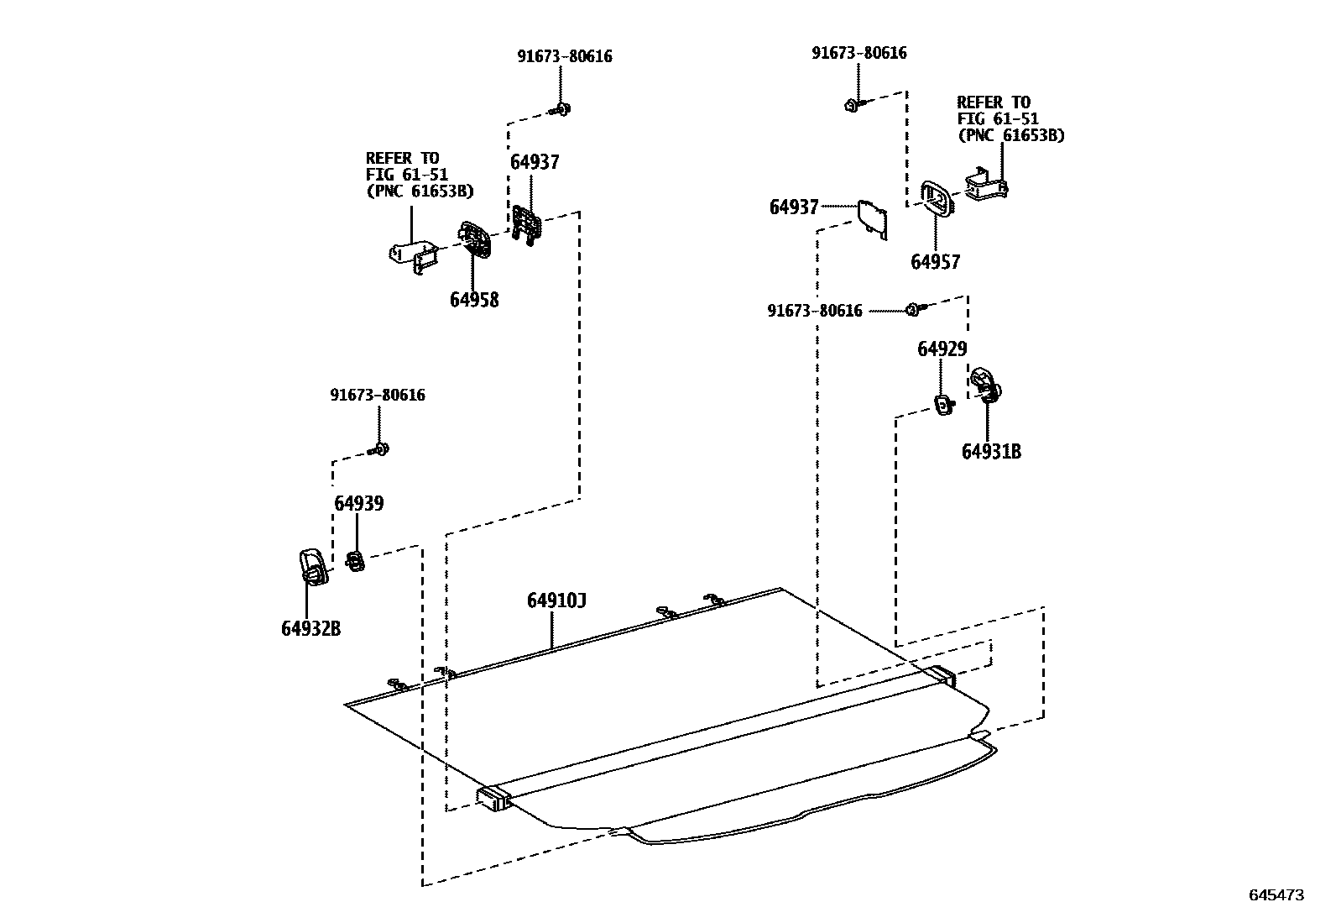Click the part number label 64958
(473, 300)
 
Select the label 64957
(935, 262)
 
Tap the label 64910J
(556, 601)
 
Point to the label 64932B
(311, 628)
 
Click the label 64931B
(991, 452)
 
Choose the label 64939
(358, 504)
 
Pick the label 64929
(942, 349)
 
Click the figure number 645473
(1276, 895)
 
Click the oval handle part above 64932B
(312, 565)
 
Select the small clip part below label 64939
(356, 560)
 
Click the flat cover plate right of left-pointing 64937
(873, 218)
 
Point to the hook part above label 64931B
(984, 384)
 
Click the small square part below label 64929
(944, 406)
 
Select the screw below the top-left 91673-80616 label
(561, 109)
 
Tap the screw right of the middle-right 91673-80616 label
(914, 310)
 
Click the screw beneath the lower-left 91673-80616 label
(379, 449)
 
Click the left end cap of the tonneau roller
(493, 798)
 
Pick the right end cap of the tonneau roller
(941, 675)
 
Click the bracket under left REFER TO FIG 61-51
(415, 255)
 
